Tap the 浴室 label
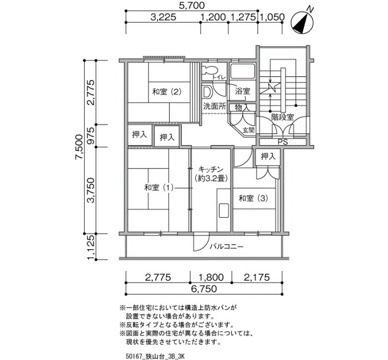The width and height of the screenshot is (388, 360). tap(242, 90)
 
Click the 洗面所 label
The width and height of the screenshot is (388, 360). tap(213, 105)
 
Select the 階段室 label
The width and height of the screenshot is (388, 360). tap(282, 117)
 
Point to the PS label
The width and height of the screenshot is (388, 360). tap(282, 142)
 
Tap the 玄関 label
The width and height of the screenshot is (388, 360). tap(248, 130)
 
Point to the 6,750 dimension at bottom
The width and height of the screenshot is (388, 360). tap(204, 289)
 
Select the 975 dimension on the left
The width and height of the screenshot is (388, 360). tap(91, 136)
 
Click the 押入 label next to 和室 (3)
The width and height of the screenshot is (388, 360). tap(268, 157)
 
